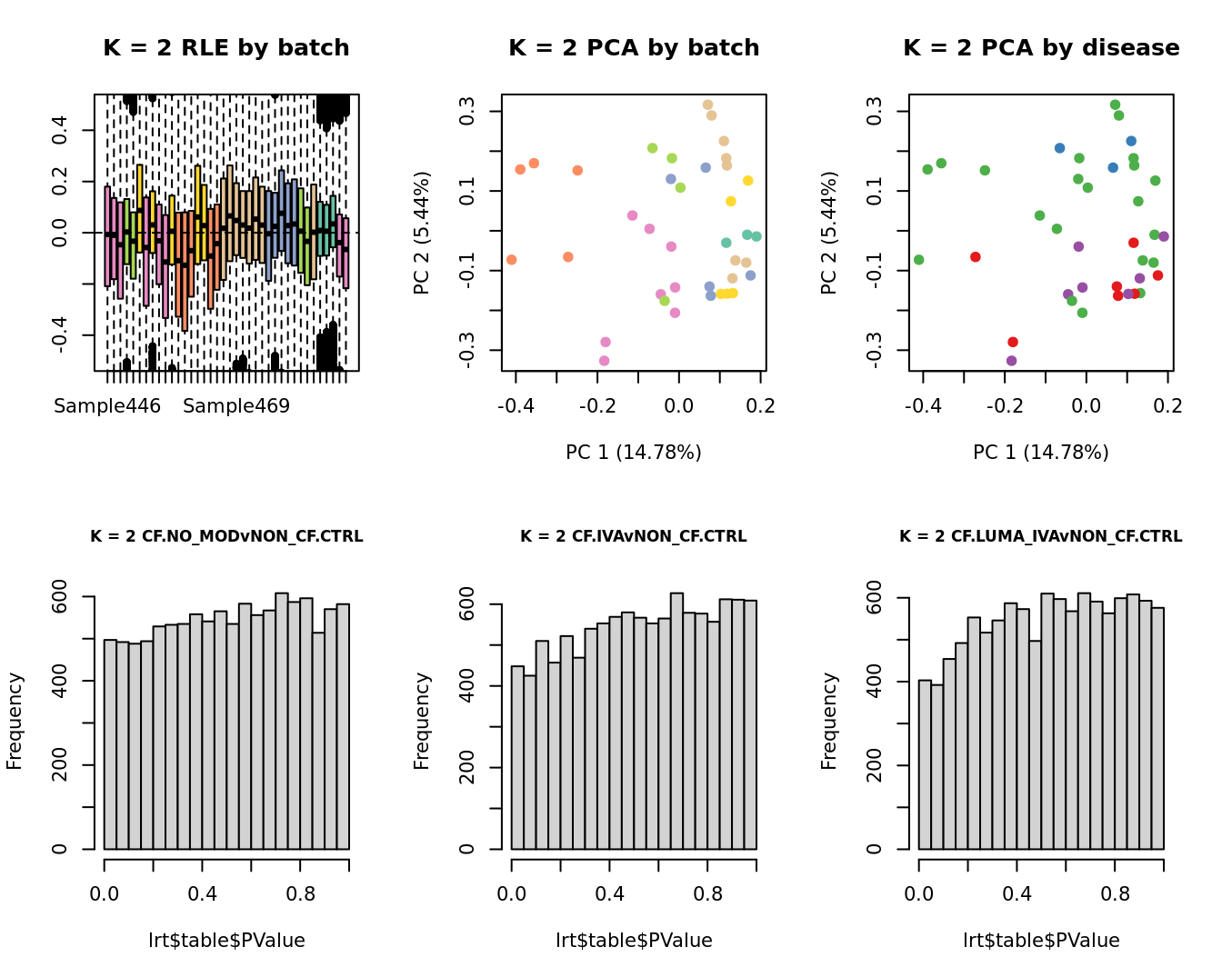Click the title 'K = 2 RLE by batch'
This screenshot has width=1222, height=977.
click(225, 48)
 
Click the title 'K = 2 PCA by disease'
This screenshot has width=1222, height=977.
click(1041, 48)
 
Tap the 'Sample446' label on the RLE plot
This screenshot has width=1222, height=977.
click(107, 406)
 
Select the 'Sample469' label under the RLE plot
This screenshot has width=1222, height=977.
click(236, 406)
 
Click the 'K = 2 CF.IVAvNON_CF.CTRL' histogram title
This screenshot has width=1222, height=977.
click(634, 536)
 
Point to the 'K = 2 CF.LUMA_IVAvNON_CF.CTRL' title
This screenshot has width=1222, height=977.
click(1041, 536)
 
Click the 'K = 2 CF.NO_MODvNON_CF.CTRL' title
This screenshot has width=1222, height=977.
click(226, 536)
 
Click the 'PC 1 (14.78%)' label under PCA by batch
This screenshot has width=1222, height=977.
click(634, 452)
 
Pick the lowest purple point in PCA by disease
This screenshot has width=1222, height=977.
click(1011, 361)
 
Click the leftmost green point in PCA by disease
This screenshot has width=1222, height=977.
click(918, 260)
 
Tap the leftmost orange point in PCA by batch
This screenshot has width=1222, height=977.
click(511, 260)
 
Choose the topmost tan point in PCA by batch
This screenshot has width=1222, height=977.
click(707, 105)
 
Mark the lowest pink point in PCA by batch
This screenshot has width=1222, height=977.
click(604, 361)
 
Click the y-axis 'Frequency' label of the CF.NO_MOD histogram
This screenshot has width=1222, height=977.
click(15, 721)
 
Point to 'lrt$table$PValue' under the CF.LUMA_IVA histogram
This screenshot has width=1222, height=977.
click(1041, 941)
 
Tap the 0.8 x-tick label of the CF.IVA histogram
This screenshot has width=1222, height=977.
click(707, 894)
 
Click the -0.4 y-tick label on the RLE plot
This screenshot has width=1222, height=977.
click(60, 335)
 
